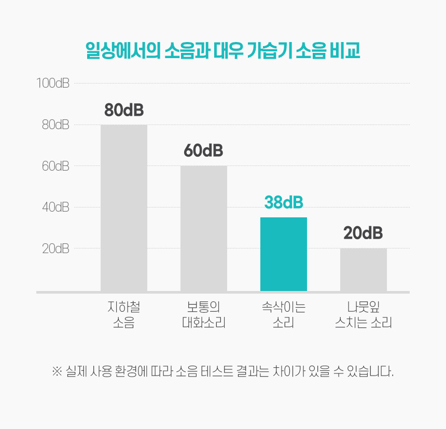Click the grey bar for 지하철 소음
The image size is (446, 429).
tap(124, 207)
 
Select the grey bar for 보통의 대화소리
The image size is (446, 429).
tap(204, 228)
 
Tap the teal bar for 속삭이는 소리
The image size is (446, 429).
tap(284, 254)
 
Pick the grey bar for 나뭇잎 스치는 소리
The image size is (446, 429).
tap(364, 270)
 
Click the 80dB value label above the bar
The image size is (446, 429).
tap(124, 110)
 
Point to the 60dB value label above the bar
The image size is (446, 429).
tap(203, 151)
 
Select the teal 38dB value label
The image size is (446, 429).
tap(284, 202)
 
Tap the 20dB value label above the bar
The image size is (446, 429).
tap(363, 233)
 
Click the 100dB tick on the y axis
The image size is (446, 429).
tap(53, 83)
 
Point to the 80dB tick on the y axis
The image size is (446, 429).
tap(55, 124)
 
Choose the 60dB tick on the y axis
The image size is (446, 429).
tap(55, 166)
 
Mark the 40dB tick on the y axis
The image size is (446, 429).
tap(55, 207)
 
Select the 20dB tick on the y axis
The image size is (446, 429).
tap(55, 248)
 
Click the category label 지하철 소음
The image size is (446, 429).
tap(124, 315)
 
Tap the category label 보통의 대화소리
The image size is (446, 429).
tap(204, 315)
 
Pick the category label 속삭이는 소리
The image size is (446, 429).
tap(284, 315)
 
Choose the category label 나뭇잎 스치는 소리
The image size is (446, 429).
tap(363, 315)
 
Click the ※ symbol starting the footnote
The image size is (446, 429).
tap(57, 372)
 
